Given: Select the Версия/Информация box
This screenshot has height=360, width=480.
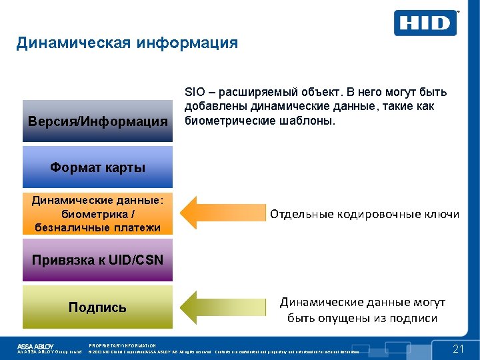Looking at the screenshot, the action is (97, 121).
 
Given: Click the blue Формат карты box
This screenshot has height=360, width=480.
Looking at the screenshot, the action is (97, 167).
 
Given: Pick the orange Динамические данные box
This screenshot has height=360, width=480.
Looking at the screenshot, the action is (97, 214).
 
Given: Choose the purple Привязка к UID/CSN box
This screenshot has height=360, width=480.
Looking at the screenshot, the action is (97, 260).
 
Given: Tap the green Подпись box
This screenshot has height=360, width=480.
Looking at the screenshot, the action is (97, 307).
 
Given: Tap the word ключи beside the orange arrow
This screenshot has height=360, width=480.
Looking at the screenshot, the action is (442, 214).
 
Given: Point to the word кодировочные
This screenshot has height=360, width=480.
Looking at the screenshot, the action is (377, 214).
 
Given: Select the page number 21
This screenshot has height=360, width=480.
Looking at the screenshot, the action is (458, 349).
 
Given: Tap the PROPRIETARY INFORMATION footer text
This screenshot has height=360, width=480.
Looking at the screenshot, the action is (122, 345).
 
